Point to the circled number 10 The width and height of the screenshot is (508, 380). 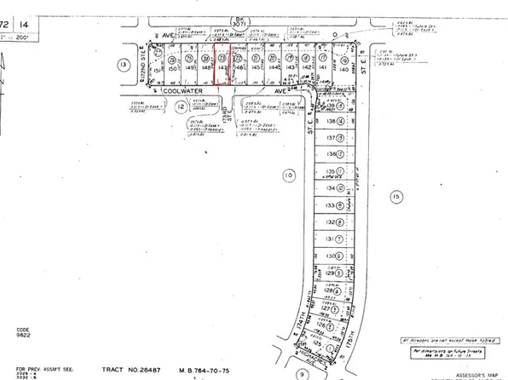pyautogui.click(x=289, y=174)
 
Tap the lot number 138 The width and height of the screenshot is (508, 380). pyautogui.click(x=332, y=122)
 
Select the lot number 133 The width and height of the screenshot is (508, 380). pyautogui.click(x=332, y=204)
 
